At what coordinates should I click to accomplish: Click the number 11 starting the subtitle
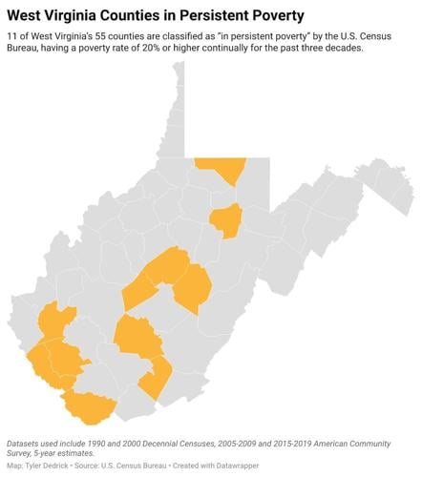(12, 35)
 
